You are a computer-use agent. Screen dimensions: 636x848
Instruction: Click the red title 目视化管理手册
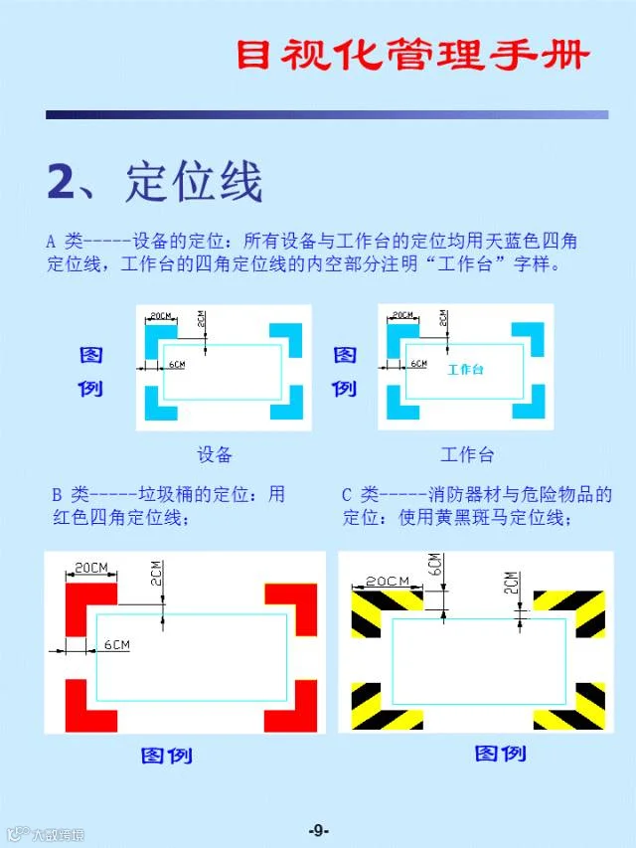[x=412, y=54]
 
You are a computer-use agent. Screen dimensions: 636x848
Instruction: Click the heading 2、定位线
[x=155, y=182]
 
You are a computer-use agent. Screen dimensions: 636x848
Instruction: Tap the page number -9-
[x=319, y=830]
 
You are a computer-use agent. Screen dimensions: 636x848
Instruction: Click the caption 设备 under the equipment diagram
[x=215, y=454]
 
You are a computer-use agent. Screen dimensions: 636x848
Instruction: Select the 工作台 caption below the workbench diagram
[x=467, y=454]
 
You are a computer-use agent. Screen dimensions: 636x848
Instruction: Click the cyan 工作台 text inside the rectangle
[x=466, y=370]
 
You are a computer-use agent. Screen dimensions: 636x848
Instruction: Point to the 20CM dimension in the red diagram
[x=91, y=568]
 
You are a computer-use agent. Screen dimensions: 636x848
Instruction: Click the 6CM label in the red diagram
[x=117, y=644]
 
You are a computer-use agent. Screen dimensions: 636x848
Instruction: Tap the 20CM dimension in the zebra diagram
[x=388, y=581]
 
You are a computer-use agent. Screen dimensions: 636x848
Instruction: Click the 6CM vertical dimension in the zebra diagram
[x=435, y=565]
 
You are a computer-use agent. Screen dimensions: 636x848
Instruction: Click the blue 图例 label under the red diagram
[x=167, y=756]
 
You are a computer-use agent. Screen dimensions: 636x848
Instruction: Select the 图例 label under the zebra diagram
[x=500, y=754]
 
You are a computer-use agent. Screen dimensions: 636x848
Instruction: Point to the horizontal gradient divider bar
[x=327, y=114]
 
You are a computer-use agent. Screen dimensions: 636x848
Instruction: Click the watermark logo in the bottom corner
[x=47, y=834]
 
